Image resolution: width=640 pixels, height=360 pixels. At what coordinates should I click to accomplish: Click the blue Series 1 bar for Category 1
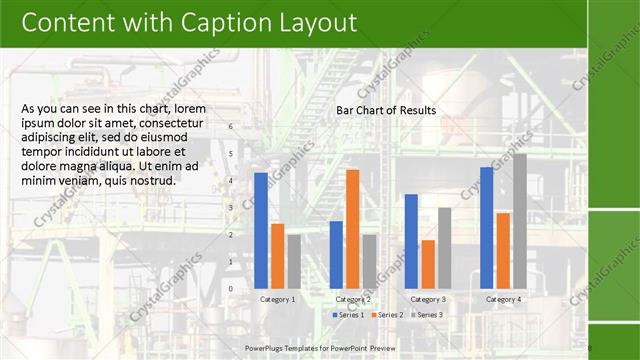(x=261, y=230)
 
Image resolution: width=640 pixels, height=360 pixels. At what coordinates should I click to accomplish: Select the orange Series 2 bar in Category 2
(x=352, y=228)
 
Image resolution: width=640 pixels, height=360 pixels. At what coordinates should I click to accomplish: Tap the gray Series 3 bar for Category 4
(x=519, y=220)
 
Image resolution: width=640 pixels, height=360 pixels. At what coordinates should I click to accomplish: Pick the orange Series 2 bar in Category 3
(x=428, y=264)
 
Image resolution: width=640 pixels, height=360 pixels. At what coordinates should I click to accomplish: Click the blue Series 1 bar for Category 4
(x=487, y=227)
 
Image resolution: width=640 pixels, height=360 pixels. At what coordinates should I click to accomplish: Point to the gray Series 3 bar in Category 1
(x=293, y=261)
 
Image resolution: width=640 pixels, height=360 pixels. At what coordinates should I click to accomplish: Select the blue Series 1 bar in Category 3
(x=411, y=240)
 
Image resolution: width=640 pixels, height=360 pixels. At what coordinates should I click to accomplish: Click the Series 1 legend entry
(x=349, y=315)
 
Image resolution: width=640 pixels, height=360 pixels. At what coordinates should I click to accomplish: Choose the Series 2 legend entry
(x=389, y=315)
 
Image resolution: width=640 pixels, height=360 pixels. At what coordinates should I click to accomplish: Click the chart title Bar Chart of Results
(x=385, y=111)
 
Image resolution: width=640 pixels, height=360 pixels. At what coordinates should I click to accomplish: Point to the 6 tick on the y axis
(x=231, y=127)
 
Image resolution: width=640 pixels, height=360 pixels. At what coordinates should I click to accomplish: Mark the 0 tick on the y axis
(x=231, y=289)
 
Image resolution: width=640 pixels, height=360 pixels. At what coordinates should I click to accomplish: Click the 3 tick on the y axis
(x=231, y=208)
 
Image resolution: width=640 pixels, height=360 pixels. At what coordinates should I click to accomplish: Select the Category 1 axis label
(x=277, y=299)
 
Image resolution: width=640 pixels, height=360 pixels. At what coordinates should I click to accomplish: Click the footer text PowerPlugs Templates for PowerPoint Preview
(x=320, y=347)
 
